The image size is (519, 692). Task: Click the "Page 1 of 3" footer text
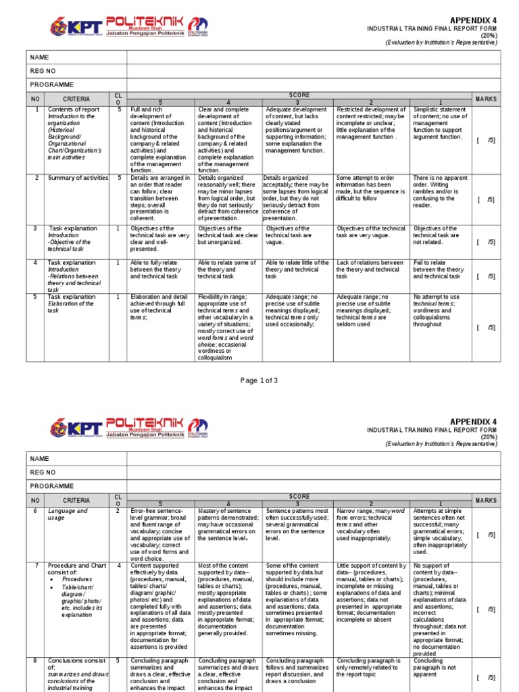259,380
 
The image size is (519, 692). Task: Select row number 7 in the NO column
35,565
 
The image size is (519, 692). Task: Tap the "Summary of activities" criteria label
78,178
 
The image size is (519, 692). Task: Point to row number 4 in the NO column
35,263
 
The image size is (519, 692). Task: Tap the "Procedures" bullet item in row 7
76,579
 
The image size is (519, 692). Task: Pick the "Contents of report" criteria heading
74,109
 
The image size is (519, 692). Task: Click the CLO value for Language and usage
118,511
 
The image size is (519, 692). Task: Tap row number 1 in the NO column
35,109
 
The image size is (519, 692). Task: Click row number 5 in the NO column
35,297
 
